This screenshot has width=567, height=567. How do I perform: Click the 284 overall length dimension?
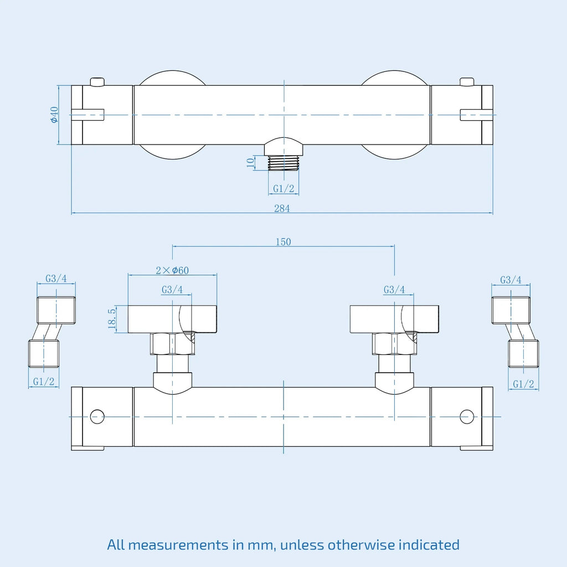click(282, 208)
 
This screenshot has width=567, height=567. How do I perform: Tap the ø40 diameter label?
click(54, 115)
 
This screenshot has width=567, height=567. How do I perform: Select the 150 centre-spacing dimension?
click(283, 241)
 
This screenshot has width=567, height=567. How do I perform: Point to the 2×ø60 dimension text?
click(172, 270)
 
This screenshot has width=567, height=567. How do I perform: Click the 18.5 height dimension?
click(112, 318)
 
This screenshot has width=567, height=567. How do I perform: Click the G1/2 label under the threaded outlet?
click(283, 188)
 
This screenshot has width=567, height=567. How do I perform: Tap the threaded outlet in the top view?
click(283, 163)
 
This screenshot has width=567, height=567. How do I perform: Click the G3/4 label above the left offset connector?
click(56, 279)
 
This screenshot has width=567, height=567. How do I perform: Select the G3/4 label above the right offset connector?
click(511, 280)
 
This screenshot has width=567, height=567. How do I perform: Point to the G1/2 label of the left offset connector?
click(43, 381)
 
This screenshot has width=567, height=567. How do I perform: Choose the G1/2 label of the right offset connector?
click(523, 384)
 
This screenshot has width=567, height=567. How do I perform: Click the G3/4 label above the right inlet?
click(394, 290)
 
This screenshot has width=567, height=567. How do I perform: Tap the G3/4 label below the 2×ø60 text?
click(172, 290)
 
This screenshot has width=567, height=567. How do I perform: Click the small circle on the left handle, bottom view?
click(97, 416)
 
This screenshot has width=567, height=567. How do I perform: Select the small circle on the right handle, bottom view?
click(467, 416)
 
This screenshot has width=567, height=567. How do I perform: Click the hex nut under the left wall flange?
click(173, 344)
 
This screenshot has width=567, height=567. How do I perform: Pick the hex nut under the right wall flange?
click(394, 344)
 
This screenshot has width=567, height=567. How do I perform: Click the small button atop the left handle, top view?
click(97, 82)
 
